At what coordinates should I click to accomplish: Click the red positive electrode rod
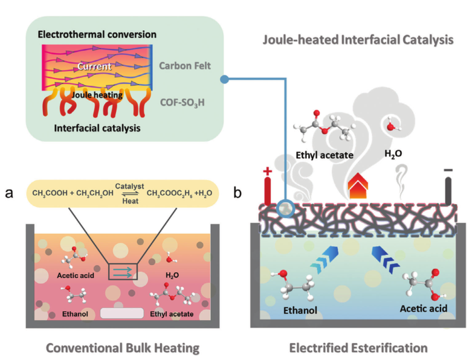click(268, 191)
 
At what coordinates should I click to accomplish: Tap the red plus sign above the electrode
click(267, 171)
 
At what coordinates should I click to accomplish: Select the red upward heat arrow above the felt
click(358, 185)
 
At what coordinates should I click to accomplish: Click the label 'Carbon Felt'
click(185, 66)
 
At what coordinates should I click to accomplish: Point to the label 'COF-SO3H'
click(183, 103)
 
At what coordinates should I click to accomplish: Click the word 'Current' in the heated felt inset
click(94, 66)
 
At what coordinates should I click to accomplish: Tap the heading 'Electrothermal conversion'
click(97, 34)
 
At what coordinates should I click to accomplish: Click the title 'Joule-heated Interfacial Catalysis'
click(358, 40)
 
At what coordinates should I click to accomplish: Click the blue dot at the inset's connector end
click(224, 79)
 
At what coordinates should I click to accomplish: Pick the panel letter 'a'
click(9, 193)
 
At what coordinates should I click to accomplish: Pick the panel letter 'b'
click(237, 192)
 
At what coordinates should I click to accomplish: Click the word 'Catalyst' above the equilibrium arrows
click(130, 186)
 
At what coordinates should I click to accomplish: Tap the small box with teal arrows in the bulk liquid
click(123, 272)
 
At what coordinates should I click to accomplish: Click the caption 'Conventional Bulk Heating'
click(123, 348)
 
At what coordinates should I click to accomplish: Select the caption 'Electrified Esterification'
click(358, 348)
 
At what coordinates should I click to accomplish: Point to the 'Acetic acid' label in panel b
click(424, 309)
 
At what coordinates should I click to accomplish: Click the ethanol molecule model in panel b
click(293, 284)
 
